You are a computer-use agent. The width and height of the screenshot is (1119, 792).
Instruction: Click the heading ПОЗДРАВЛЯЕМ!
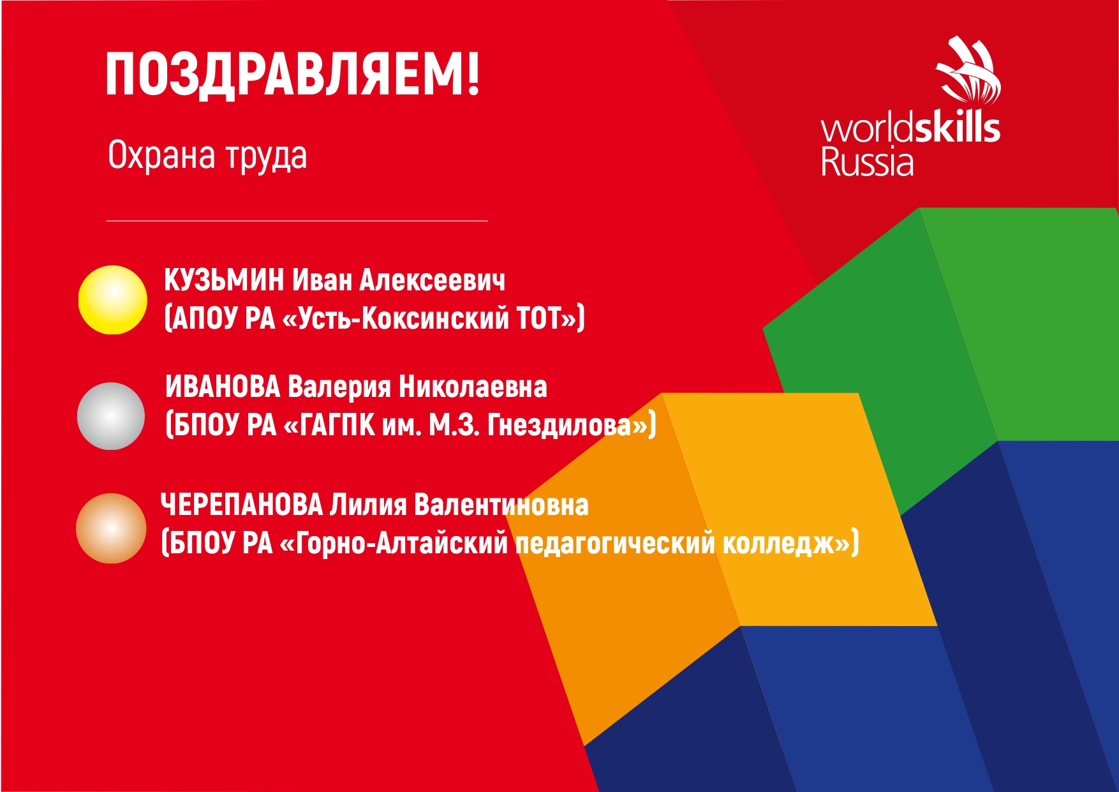(292, 74)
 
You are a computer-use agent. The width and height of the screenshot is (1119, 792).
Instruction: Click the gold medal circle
(113, 300)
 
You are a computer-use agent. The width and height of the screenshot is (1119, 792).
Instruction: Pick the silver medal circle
(111, 416)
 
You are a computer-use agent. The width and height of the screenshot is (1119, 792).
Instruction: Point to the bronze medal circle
(111, 528)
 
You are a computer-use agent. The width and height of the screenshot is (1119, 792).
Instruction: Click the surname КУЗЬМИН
(224, 280)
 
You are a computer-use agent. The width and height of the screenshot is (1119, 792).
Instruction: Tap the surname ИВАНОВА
(223, 387)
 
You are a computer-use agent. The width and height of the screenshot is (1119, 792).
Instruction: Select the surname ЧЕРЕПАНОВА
(242, 505)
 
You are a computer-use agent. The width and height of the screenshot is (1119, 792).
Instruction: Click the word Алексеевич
(433, 280)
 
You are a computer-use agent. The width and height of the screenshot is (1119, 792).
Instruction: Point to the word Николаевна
(473, 387)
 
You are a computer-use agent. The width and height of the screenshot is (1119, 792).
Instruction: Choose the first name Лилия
(368, 505)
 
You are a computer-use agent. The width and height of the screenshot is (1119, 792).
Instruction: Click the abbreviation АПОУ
(204, 318)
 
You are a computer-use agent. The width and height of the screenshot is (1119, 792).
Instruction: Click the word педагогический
(615, 544)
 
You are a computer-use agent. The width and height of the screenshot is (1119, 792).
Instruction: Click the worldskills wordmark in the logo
(910, 128)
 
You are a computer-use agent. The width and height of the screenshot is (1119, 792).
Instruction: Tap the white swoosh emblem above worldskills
(968, 70)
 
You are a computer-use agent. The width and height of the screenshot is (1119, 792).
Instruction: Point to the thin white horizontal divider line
(297, 221)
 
